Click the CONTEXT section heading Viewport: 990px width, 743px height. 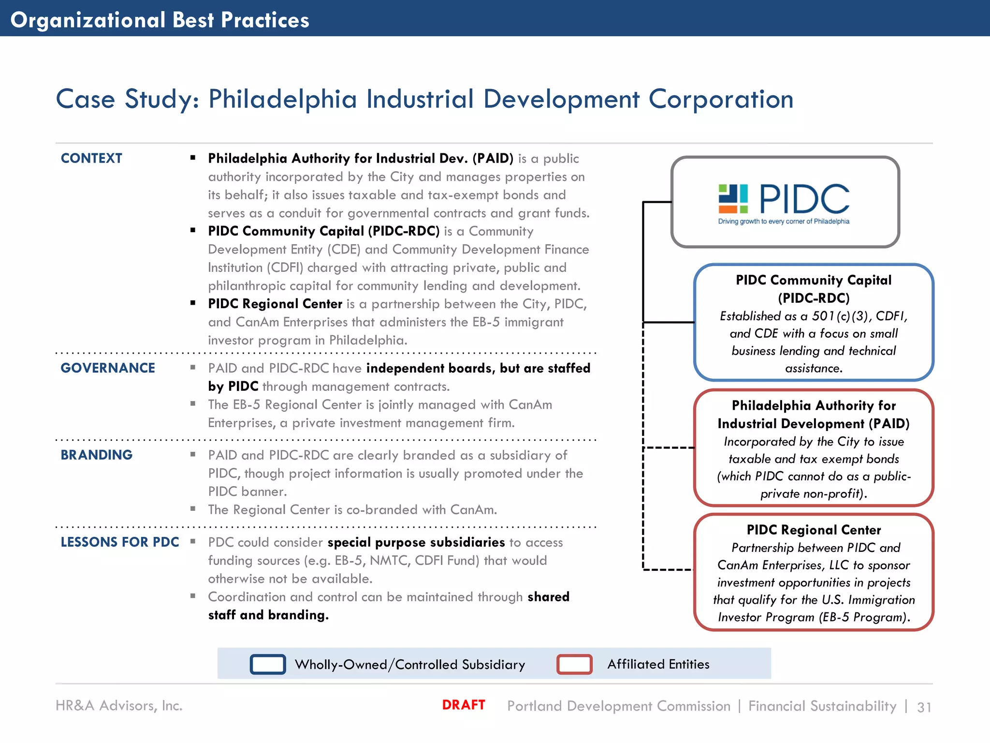91,158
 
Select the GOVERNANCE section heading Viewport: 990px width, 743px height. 108,368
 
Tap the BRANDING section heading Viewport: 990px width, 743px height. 96,455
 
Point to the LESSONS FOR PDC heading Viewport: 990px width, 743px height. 120,542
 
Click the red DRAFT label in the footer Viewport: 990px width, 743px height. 463,705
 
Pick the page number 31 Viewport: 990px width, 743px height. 924,707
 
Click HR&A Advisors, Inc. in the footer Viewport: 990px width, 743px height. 119,706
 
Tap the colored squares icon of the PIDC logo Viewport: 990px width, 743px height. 733,199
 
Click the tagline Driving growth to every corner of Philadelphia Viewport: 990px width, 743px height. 784,222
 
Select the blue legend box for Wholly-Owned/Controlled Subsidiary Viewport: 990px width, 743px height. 268,664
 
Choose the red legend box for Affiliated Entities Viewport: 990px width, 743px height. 574,664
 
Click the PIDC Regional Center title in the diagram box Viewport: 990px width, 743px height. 814,530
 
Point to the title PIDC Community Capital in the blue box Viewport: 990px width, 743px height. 814,280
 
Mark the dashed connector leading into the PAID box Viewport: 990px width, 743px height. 670,448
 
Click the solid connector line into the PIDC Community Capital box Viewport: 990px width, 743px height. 670,322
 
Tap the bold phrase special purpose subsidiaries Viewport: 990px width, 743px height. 416,542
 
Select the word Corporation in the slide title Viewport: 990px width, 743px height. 720,99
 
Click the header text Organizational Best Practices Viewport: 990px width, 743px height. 160,20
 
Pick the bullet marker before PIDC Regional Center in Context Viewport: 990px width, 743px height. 193,303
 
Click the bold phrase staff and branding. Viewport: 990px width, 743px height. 268,615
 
